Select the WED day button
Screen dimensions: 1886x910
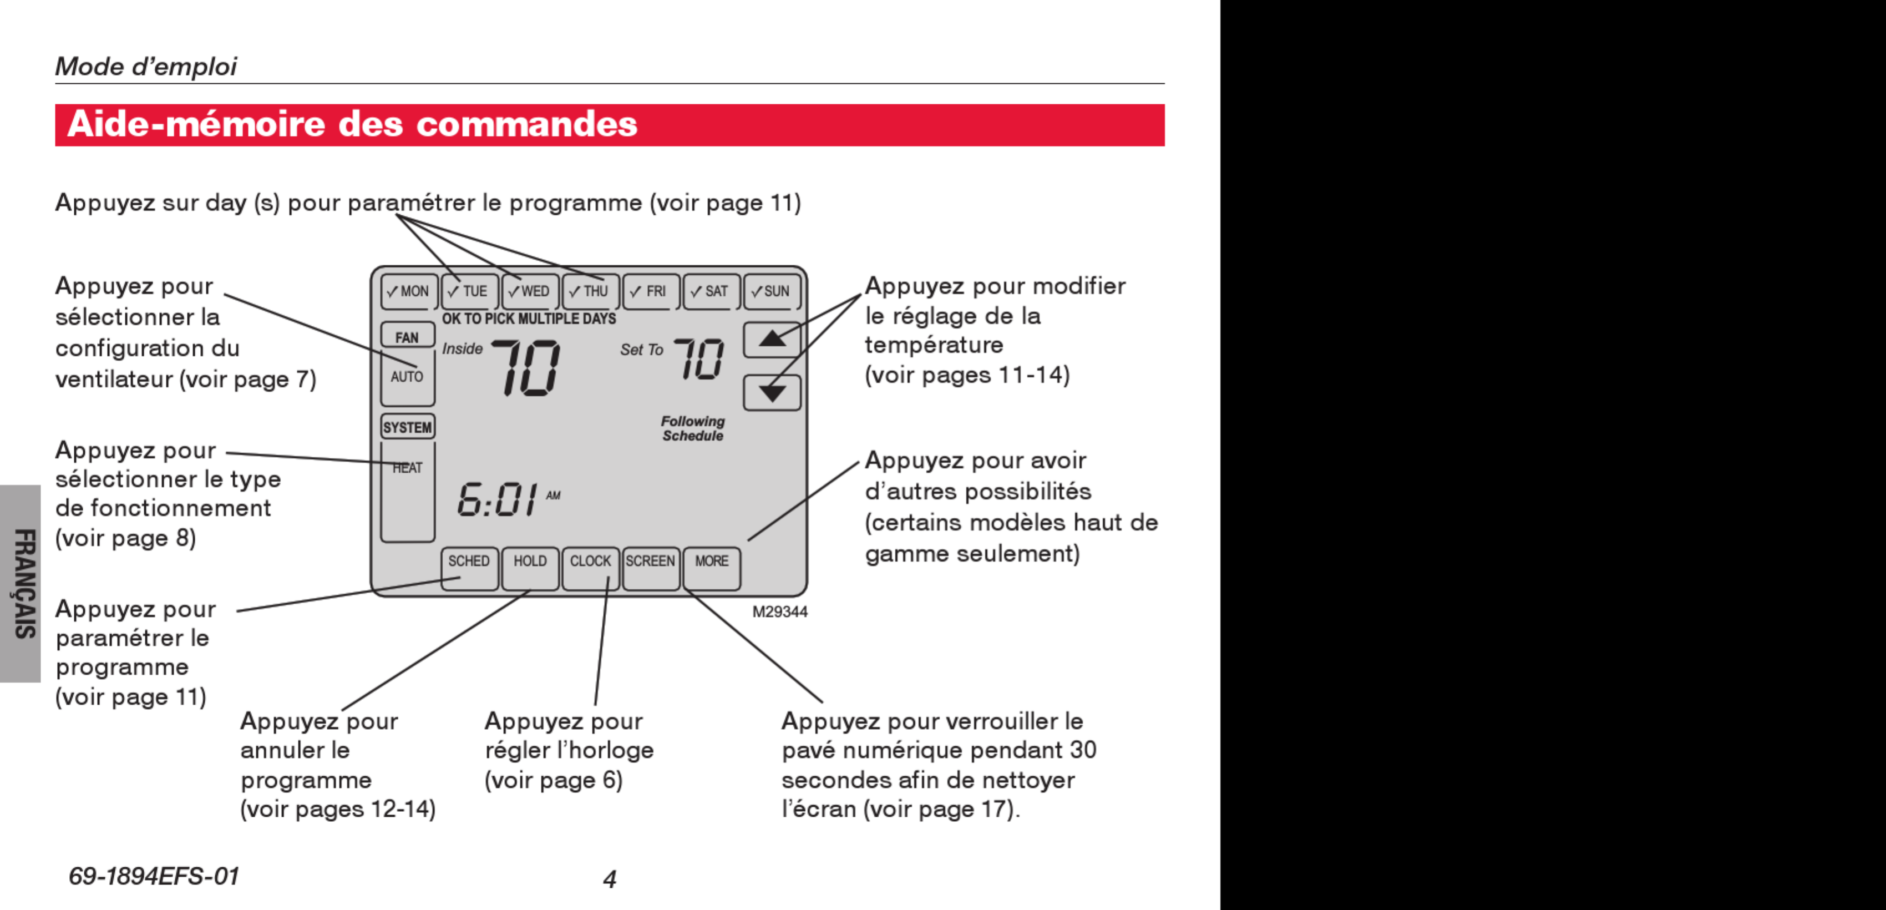click(530, 291)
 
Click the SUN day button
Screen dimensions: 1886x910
click(772, 291)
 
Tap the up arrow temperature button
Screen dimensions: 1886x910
click(772, 340)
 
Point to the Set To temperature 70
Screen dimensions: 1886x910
click(698, 359)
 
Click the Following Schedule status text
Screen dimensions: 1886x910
click(693, 428)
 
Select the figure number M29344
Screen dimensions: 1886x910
click(780, 612)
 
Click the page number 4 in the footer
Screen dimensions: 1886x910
click(609, 878)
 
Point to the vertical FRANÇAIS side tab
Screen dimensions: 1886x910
click(22, 584)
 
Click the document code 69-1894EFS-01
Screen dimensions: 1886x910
click(154, 876)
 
